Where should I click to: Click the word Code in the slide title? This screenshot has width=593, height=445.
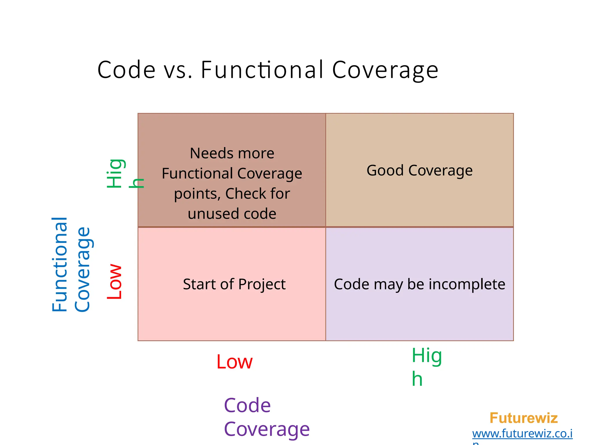tap(127, 70)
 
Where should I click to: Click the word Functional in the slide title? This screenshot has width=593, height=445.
tap(262, 70)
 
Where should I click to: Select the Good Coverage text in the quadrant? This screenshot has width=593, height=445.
tap(419, 170)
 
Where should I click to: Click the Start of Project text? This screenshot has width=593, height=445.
tap(234, 284)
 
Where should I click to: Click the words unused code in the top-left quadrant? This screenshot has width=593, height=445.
tap(232, 214)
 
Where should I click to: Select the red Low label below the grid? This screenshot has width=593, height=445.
tap(234, 362)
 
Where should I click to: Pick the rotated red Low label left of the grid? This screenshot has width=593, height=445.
tap(115, 281)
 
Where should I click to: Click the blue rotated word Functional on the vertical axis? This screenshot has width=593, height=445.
tap(60, 264)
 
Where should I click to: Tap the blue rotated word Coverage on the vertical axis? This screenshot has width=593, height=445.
tap(83, 269)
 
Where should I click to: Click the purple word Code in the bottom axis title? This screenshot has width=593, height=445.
tap(247, 405)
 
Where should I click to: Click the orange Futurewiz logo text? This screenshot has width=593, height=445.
tap(523, 418)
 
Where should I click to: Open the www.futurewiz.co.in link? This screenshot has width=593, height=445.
tap(522, 434)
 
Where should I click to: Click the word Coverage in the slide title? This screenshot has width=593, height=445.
tap(385, 70)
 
